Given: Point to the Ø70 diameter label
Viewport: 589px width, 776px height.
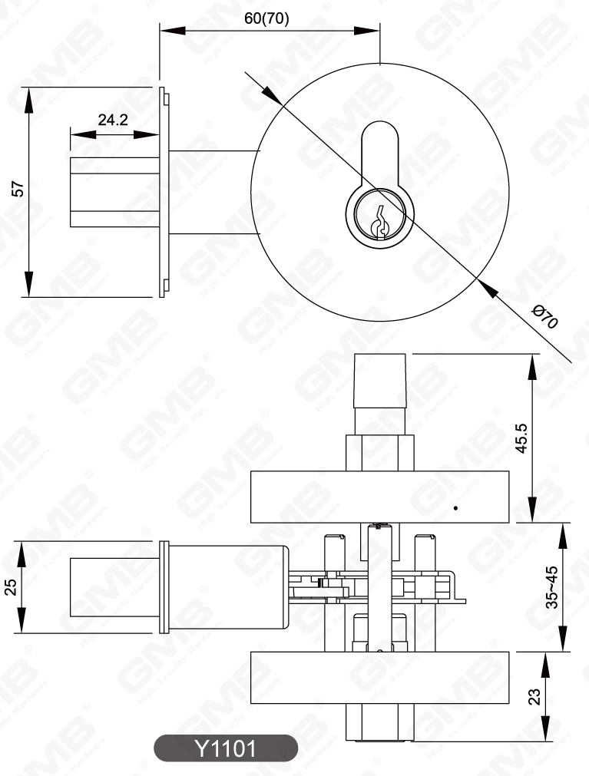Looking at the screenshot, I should [544, 316].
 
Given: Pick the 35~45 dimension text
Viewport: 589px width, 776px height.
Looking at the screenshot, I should [551, 587].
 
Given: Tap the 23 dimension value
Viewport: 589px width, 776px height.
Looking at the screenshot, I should [535, 696].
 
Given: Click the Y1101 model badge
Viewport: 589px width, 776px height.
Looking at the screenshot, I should [225, 748].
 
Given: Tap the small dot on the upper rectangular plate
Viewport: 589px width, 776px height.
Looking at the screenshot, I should [455, 507].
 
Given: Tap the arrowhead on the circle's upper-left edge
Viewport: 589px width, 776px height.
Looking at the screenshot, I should [271, 94].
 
